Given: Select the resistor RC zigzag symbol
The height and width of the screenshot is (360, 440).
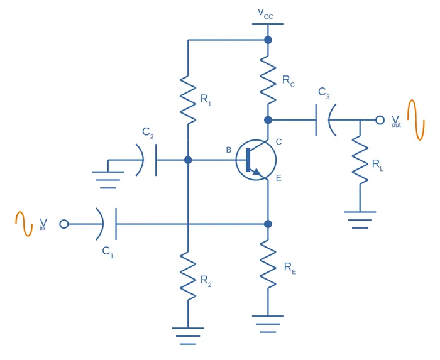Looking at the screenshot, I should pos(268,80).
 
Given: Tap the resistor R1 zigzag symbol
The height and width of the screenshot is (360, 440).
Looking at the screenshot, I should pos(188,99).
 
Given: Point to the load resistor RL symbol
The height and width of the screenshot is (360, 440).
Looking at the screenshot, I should pos(360,161).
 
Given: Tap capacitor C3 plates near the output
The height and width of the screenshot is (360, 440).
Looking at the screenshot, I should pos(323,119).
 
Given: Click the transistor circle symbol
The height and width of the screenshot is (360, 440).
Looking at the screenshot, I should pos(256,160).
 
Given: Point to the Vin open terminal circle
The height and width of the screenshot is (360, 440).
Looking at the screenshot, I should pos(63,224).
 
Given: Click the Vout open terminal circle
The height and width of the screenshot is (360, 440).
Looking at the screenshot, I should pos(380,119).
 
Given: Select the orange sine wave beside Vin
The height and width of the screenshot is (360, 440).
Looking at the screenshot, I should pos(24,224).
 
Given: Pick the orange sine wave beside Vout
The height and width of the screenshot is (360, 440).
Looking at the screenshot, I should pos(412,119).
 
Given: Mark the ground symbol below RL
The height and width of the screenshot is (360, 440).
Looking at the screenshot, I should pos(360,219).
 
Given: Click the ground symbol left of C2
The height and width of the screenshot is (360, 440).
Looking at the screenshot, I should pos(107,178).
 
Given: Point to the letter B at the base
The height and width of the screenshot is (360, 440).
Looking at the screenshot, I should pos(229,150).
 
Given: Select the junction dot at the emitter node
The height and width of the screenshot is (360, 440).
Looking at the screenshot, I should pos(268,224).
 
